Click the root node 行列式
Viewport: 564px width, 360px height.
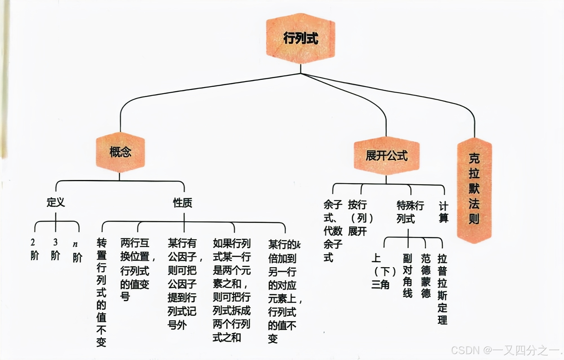(301, 38)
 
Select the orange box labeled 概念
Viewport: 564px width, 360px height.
(120, 152)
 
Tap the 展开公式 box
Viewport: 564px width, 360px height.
(386, 155)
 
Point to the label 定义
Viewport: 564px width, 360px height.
(56, 202)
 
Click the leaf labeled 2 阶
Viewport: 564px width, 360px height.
(34, 249)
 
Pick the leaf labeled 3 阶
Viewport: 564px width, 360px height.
(56, 249)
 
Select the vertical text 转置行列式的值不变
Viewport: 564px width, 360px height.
(101, 292)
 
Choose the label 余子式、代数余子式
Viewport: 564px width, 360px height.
(332, 231)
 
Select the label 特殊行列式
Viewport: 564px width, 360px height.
(409, 212)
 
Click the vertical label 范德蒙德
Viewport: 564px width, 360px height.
(426, 276)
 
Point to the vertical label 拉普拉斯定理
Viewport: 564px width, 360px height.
(442, 289)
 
